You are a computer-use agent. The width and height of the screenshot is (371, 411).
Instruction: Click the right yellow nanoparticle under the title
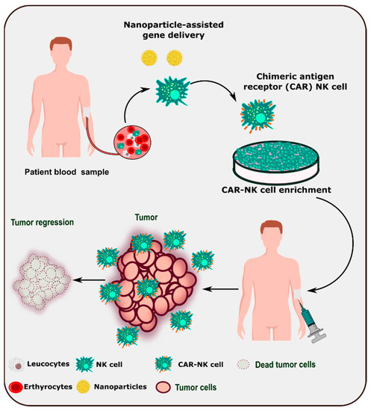175,57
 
